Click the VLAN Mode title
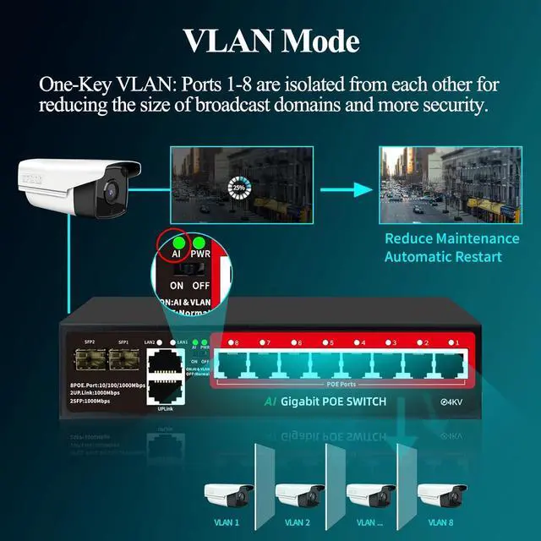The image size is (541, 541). tap(270, 41)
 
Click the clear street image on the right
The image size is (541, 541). tap(450, 185)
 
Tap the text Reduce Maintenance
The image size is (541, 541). tap(451, 239)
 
